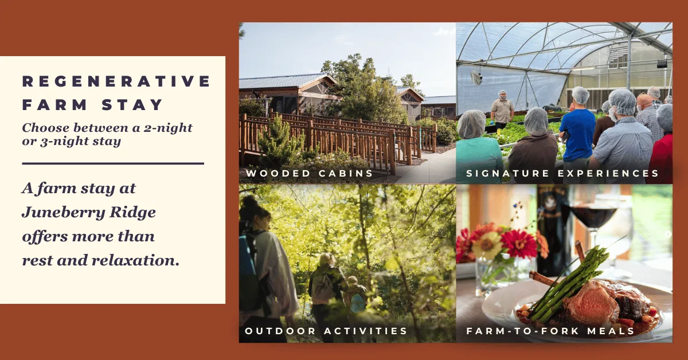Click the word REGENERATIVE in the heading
(116, 81)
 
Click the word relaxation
(135, 260)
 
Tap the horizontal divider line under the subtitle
(113, 163)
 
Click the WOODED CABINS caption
(310, 173)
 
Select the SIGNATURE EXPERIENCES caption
(562, 173)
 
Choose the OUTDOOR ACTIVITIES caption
(326, 331)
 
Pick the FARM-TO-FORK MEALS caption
(550, 331)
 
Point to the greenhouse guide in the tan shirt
(502, 110)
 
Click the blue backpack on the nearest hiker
(248, 271)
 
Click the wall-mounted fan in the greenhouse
(476, 77)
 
